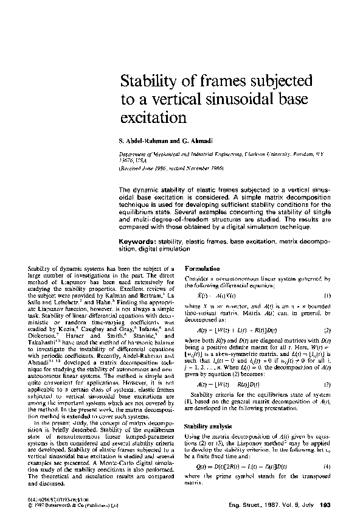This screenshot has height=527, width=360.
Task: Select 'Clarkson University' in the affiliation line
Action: (261, 155)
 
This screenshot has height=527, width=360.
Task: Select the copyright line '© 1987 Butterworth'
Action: (67, 505)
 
